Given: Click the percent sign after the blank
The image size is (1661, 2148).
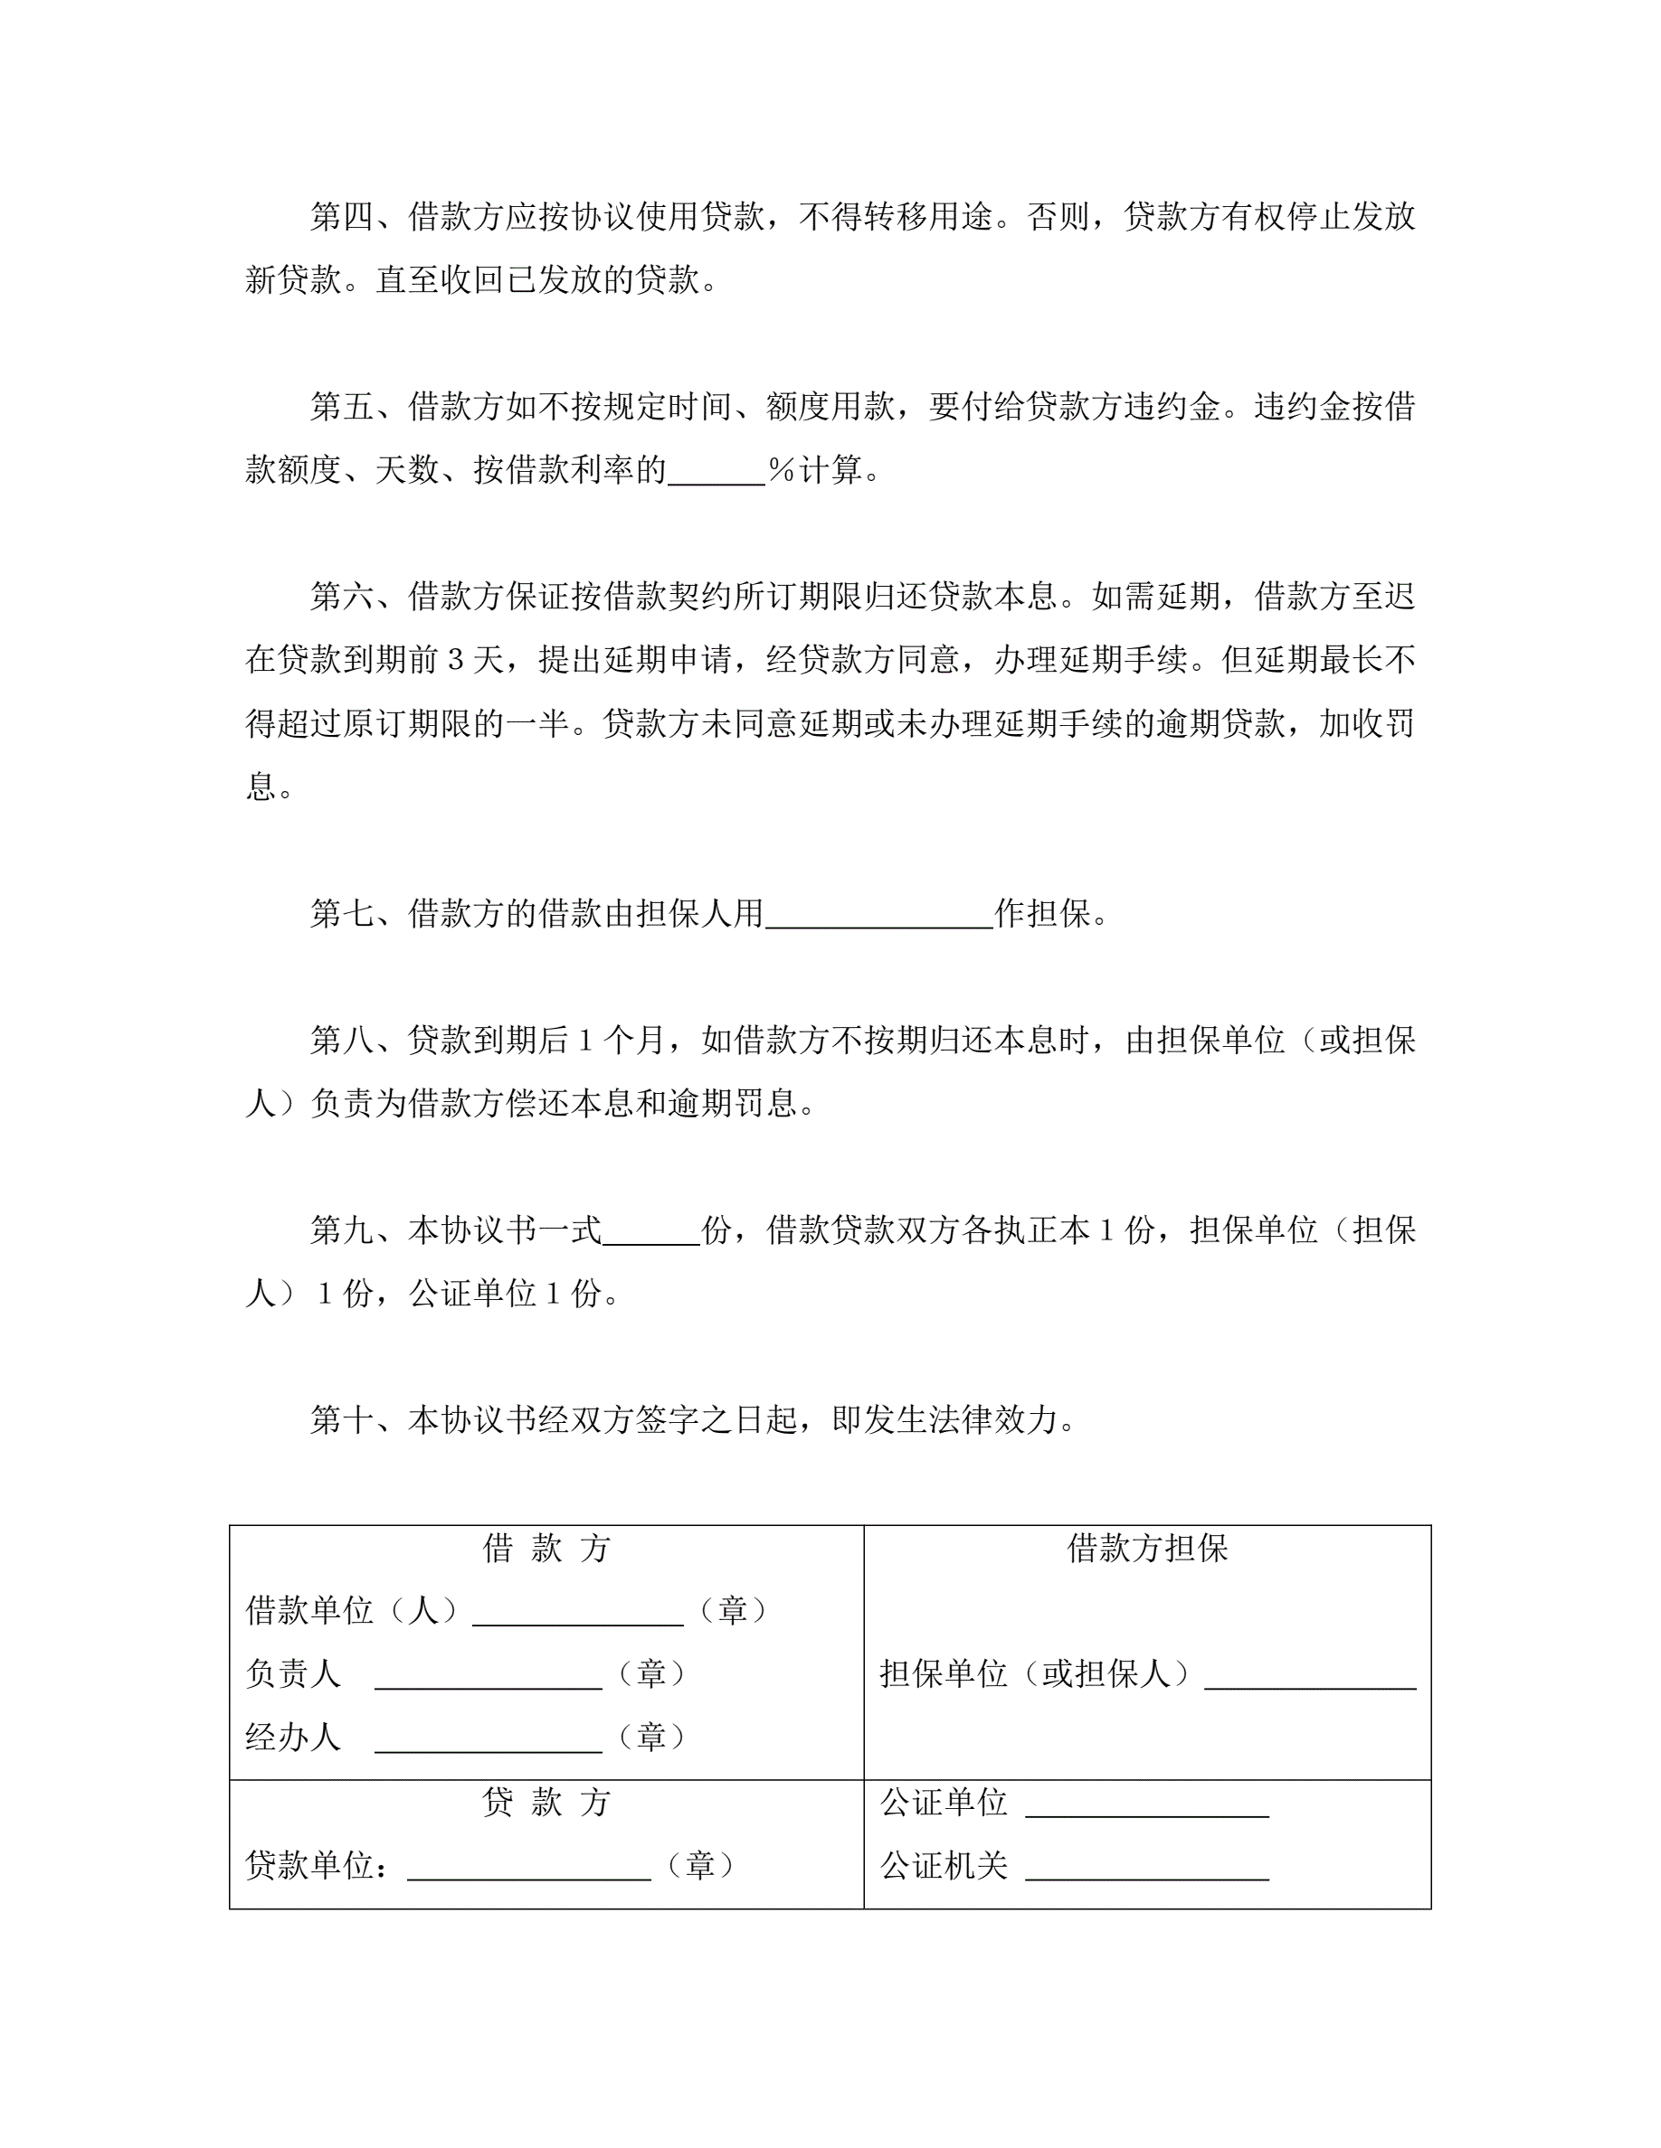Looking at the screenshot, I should pyautogui.click(x=782, y=470).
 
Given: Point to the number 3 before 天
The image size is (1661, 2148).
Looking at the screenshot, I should pyautogui.click(x=456, y=660).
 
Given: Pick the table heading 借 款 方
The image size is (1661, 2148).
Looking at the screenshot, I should pyautogui.click(x=546, y=1548).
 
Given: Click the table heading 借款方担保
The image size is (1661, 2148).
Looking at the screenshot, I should pyautogui.click(x=1147, y=1548).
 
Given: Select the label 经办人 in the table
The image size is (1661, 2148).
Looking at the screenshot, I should pyautogui.click(x=293, y=1737).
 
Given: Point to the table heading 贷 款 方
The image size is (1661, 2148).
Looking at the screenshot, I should pyautogui.click(x=546, y=1802).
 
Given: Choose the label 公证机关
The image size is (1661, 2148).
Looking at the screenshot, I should pyautogui.click(x=944, y=1865).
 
